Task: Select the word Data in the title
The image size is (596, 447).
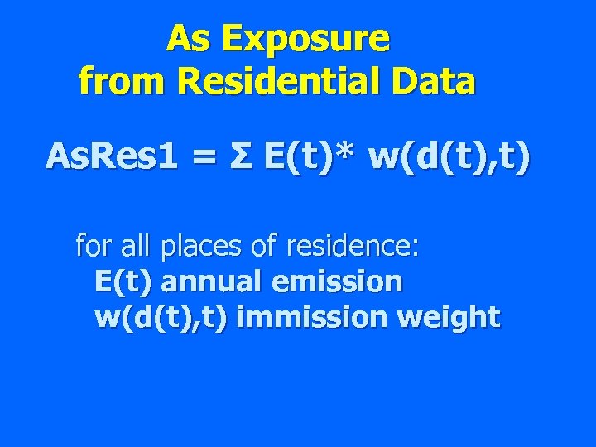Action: [x=436, y=81]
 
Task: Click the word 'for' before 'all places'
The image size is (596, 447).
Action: [x=91, y=246]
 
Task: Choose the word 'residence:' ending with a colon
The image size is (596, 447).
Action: [x=354, y=246]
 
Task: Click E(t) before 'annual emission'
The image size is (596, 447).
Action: [x=123, y=282]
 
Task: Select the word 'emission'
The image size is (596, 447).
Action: [x=334, y=281]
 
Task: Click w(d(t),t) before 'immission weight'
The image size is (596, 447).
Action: [x=161, y=318]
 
